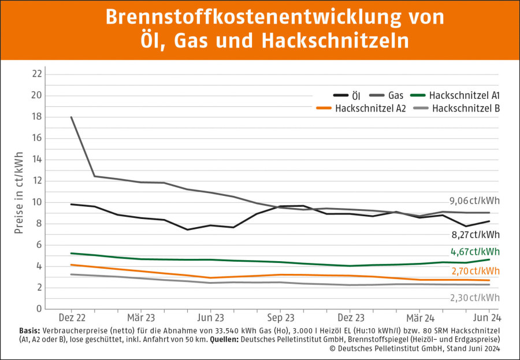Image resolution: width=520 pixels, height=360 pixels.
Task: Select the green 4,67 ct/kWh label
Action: pos(475,252)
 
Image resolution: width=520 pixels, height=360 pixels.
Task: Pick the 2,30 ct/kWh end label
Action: pos(475,298)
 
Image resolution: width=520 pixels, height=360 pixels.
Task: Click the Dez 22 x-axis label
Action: pos(72,318)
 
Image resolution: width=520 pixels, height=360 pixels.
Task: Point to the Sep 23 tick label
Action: pos(281,318)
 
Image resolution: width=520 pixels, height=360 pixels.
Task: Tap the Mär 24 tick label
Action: pos(420,318)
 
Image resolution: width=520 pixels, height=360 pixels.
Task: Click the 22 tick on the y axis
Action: pos(37,74)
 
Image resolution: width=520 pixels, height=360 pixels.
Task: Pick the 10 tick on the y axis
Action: pos(37,202)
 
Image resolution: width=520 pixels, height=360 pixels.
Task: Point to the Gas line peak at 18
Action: pos(72,117)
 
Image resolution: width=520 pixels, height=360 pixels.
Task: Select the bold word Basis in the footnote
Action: pos(30,331)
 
